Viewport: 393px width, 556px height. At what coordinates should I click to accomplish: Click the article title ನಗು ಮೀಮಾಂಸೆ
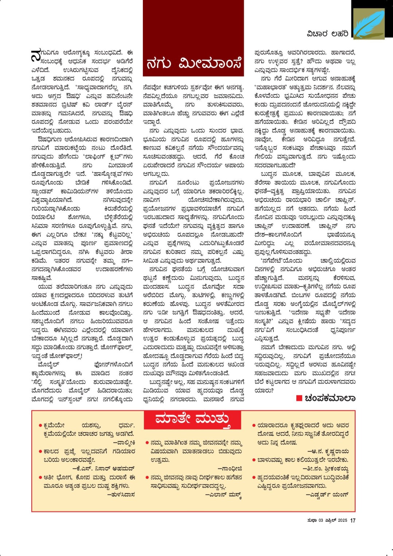pos(193,63)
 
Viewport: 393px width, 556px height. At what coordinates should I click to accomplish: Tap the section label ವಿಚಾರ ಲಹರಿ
pos(327,34)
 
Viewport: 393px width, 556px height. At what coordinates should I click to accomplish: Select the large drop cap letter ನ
pos(36,55)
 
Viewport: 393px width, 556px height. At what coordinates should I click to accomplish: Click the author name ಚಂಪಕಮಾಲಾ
pos(330,398)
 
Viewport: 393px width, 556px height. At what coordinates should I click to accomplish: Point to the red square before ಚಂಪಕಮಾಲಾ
pos(299,398)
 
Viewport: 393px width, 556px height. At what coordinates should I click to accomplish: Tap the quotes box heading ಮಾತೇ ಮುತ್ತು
pos(192,420)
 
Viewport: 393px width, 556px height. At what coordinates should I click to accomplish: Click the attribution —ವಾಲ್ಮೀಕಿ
pos(124,443)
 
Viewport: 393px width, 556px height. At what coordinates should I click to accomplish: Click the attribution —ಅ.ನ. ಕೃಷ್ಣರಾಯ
pos(328,451)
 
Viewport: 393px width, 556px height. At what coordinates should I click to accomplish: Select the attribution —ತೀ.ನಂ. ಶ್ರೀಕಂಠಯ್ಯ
pos(326,468)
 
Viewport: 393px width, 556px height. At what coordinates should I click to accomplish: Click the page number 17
pos(353,521)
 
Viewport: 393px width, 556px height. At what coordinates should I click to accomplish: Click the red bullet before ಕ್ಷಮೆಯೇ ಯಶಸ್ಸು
pos(40,425)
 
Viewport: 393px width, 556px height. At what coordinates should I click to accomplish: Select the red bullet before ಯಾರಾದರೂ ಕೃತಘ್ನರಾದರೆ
pos(254,425)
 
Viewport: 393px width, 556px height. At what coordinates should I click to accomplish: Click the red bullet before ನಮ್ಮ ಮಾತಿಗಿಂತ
pos(147,443)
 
